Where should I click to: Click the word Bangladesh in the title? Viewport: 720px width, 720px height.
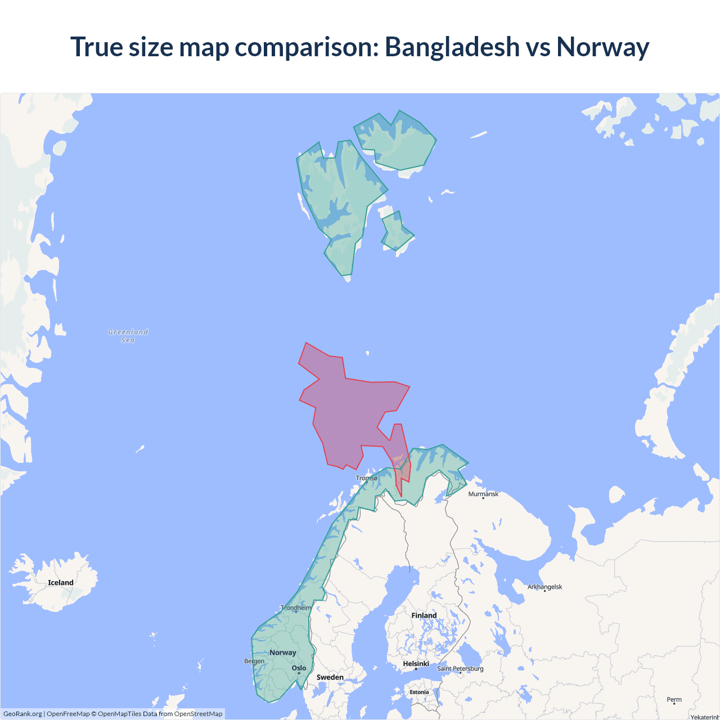click(x=452, y=47)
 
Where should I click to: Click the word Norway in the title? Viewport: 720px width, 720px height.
click(x=602, y=47)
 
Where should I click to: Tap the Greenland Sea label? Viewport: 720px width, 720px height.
click(x=128, y=336)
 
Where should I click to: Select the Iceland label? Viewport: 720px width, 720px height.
click(x=61, y=583)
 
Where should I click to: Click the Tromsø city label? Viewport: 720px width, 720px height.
click(x=367, y=478)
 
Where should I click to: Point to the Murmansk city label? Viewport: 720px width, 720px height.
click(x=483, y=494)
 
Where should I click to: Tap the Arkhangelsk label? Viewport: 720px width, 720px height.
click(x=544, y=587)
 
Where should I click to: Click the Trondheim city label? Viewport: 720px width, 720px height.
click(x=296, y=608)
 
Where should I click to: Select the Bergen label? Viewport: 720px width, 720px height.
click(x=254, y=661)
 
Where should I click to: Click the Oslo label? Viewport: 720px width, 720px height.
click(x=299, y=668)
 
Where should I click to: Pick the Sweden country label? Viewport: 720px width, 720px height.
click(x=330, y=677)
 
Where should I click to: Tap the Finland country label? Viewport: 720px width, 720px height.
click(x=424, y=615)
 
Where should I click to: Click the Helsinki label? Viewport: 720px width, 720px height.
click(x=416, y=664)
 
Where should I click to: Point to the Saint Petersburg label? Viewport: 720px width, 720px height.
click(x=460, y=668)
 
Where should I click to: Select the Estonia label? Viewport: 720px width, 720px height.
click(x=419, y=692)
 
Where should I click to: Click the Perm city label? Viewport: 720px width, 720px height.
click(x=674, y=700)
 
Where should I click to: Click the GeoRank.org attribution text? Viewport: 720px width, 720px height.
click(x=22, y=714)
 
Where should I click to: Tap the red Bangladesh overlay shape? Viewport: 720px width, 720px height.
click(x=349, y=411)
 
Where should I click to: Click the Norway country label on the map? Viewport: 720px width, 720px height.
click(x=282, y=652)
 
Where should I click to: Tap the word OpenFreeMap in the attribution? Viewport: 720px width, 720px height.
click(x=68, y=714)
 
